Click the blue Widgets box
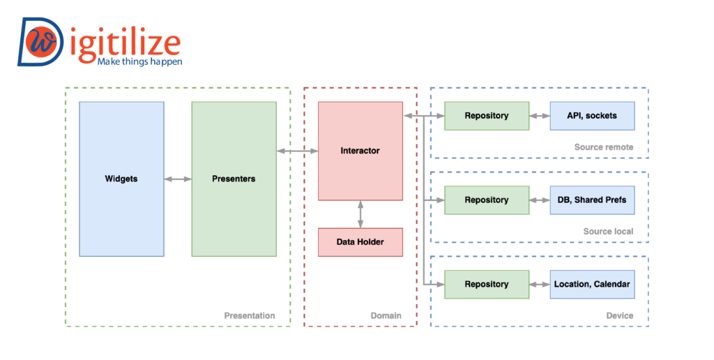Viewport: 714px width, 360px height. pyautogui.click(x=121, y=179)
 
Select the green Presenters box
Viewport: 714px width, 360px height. pyautogui.click(x=234, y=179)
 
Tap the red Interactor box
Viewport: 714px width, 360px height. pyautogui.click(x=360, y=151)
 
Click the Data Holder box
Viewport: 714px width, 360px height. pyautogui.click(x=360, y=242)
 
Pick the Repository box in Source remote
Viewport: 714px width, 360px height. pyautogui.click(x=487, y=116)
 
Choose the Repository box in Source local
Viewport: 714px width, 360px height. pyautogui.click(x=487, y=200)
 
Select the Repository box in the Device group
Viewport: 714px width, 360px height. pyautogui.click(x=487, y=284)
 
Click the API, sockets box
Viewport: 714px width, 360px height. pyautogui.click(x=592, y=116)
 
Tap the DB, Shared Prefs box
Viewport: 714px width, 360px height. pyautogui.click(x=592, y=200)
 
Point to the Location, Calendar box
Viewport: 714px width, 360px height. pyautogui.click(x=592, y=284)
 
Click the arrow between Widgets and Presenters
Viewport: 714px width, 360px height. pyautogui.click(x=178, y=179)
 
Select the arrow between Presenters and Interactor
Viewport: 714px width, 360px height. pyautogui.click(x=297, y=151)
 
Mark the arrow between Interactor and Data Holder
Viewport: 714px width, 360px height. pyautogui.click(x=360, y=214)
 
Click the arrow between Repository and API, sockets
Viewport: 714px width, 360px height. pyautogui.click(x=540, y=116)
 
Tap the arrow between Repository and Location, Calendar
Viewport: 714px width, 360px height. pyautogui.click(x=540, y=284)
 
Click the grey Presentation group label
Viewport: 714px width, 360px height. pyautogui.click(x=249, y=315)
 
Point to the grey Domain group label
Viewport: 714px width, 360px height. pyautogui.click(x=386, y=315)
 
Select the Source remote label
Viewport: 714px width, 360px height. pyautogui.click(x=603, y=147)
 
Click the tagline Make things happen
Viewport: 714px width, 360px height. pyautogui.click(x=139, y=61)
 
